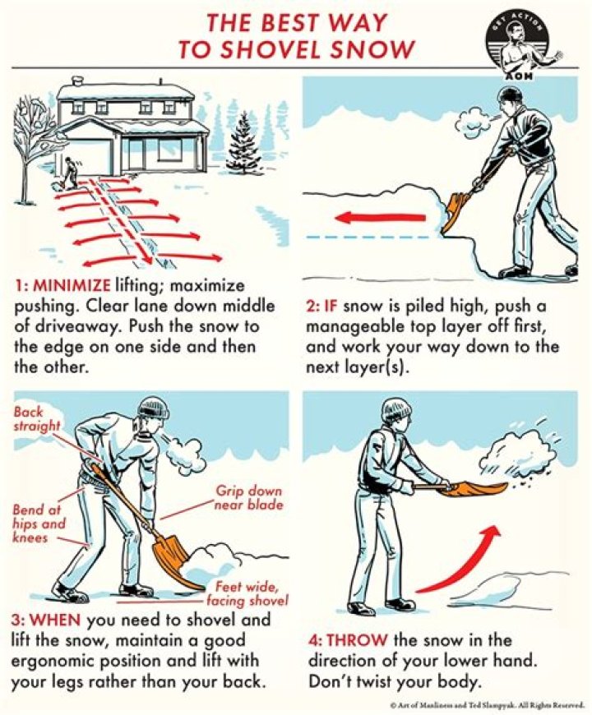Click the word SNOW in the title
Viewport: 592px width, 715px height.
(372, 49)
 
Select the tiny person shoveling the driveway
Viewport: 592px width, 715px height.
(70, 173)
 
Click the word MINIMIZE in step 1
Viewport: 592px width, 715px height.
(72, 285)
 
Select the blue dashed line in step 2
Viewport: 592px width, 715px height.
(368, 238)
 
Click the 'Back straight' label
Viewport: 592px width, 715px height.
(36, 418)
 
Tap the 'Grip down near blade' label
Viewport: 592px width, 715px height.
(249, 497)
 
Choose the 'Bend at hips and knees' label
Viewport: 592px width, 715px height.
(39, 523)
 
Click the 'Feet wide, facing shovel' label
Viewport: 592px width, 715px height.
(247, 593)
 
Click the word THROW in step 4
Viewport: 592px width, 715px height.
(357, 640)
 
